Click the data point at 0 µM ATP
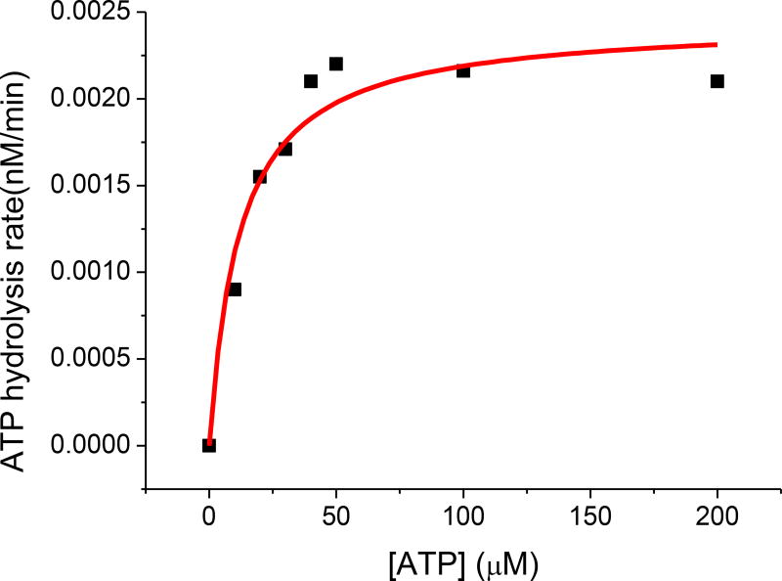tap(209, 445)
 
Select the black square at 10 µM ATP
tap(235, 290)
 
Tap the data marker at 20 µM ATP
tap(260, 177)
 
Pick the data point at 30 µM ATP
tap(285, 149)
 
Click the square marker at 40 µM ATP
tap(311, 81)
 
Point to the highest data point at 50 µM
tap(336, 64)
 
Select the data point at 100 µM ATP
tap(463, 70)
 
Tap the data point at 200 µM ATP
tap(717, 81)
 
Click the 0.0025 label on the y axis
tap(86, 13)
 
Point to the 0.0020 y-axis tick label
tap(86, 99)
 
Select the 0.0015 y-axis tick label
tap(86, 186)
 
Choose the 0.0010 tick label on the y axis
tap(86, 272)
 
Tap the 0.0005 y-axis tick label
tap(86, 359)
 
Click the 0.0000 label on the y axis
tap(86, 445)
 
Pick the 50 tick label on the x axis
tap(336, 515)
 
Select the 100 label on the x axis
tap(463, 515)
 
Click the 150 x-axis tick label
tap(590, 515)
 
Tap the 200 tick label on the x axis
tap(717, 515)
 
